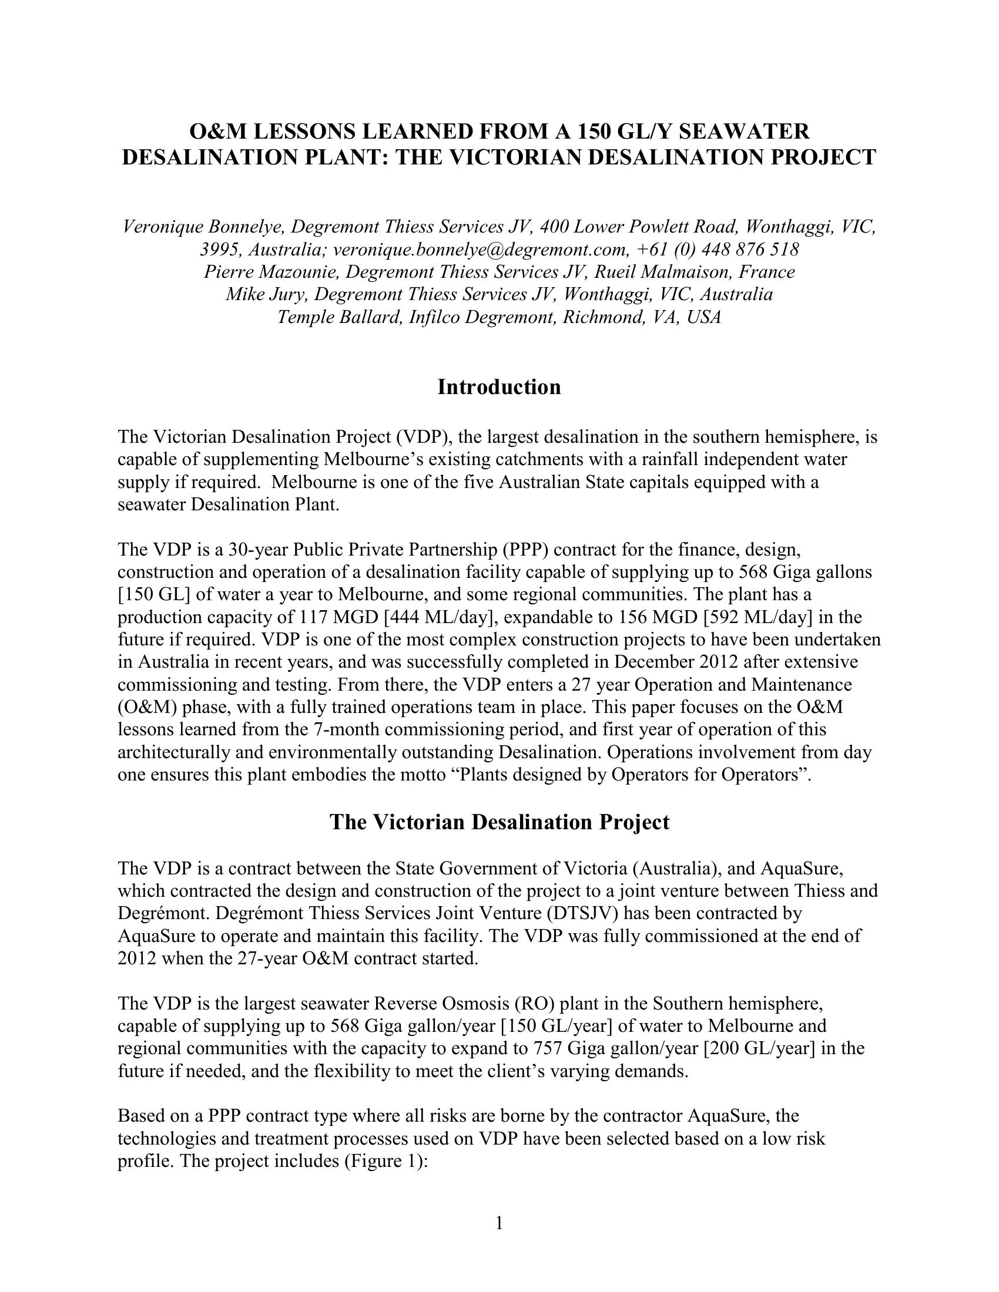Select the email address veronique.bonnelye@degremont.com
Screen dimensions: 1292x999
point(479,250)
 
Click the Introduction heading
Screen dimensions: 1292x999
point(499,387)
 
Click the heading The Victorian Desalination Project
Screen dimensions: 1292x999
point(499,822)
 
